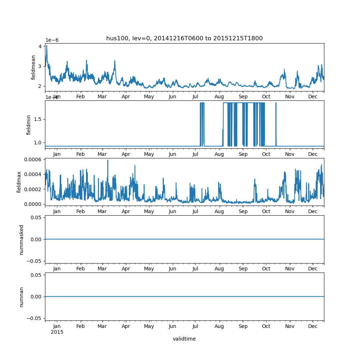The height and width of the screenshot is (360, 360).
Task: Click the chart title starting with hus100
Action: pyautogui.click(x=184, y=39)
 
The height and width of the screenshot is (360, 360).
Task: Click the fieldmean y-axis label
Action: pyautogui.click(x=33, y=67)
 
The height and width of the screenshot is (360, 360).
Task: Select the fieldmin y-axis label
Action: pyautogui.click(x=29, y=125)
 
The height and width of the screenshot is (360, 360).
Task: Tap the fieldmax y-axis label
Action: pyautogui.click(x=19, y=182)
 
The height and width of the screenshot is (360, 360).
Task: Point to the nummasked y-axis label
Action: pyautogui.click(x=22, y=239)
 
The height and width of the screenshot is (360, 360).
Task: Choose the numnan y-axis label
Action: pyautogui.click(x=22, y=297)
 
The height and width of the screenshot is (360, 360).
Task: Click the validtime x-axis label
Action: pyautogui.click(x=184, y=339)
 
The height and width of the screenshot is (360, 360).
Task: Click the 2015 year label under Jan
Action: pyautogui.click(x=57, y=332)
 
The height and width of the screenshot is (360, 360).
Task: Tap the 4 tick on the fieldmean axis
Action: pyautogui.click(x=41, y=46)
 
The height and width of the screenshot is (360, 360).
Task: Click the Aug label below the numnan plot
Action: pyautogui.click(x=219, y=326)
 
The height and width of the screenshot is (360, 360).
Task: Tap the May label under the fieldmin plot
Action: pyautogui.click(x=149, y=154)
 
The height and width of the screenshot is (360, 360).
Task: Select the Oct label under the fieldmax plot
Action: pyautogui.click(x=266, y=212)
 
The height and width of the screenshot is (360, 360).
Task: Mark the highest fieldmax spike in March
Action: pyautogui.click(x=108, y=161)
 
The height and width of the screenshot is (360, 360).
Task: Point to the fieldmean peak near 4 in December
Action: pyautogui.click(x=46, y=46)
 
